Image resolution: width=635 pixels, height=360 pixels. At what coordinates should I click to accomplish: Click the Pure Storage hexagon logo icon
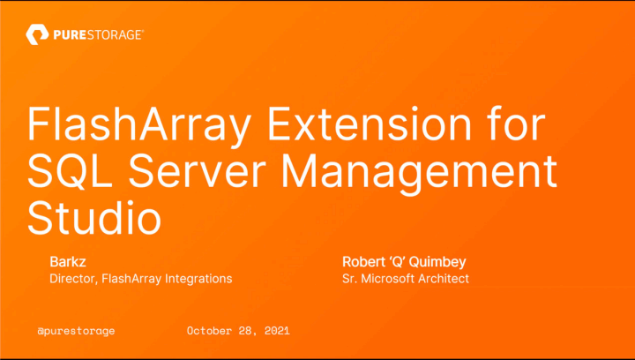(36, 35)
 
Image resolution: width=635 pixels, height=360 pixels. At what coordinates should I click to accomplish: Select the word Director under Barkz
(72, 279)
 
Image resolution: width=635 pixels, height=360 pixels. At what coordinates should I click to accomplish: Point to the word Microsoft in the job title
(386, 279)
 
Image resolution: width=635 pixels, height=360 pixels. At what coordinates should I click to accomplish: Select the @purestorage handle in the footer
(76, 331)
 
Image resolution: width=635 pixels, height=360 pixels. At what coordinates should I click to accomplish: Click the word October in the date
(213, 331)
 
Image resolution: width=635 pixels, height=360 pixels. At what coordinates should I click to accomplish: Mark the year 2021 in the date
(275, 331)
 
